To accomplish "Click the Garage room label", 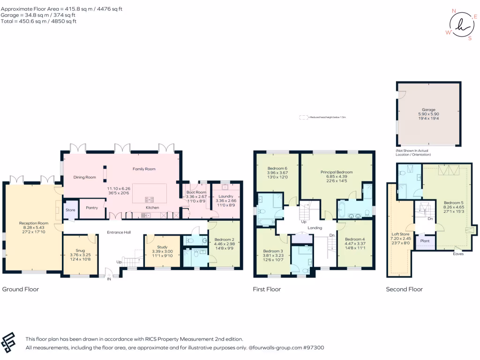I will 428,110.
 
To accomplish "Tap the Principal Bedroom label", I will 336,172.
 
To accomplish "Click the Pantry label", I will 91,207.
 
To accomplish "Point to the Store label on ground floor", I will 70,210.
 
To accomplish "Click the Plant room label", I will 425,241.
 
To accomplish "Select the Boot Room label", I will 196,192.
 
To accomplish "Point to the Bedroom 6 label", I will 277,168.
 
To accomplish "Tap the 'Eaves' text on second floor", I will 458,254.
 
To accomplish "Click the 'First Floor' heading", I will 267,289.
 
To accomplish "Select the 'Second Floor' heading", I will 404,289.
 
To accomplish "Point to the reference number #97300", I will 312,348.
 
